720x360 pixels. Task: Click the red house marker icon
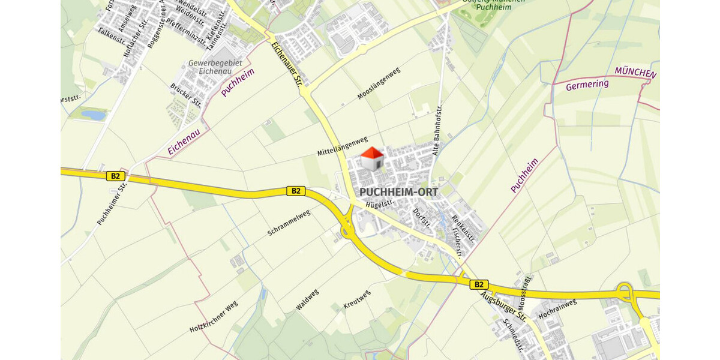tap(372, 159)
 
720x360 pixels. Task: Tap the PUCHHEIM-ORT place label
tap(400, 192)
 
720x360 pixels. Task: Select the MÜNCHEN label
tap(635, 74)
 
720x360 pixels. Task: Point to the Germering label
tap(587, 85)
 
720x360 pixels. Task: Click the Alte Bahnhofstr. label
tap(437, 130)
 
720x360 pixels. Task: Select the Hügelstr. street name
tap(379, 205)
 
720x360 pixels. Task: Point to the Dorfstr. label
tap(422, 218)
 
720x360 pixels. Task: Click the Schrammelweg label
tap(289, 223)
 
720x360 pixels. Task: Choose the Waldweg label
tap(307, 299)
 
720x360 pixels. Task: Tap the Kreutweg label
tap(357, 299)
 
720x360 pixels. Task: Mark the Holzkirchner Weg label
tap(214, 317)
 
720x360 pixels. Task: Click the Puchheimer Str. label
tap(112, 204)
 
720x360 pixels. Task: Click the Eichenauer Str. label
tap(286, 62)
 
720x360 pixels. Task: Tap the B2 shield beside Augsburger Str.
tap(478, 284)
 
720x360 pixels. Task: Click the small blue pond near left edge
tap(93, 114)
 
